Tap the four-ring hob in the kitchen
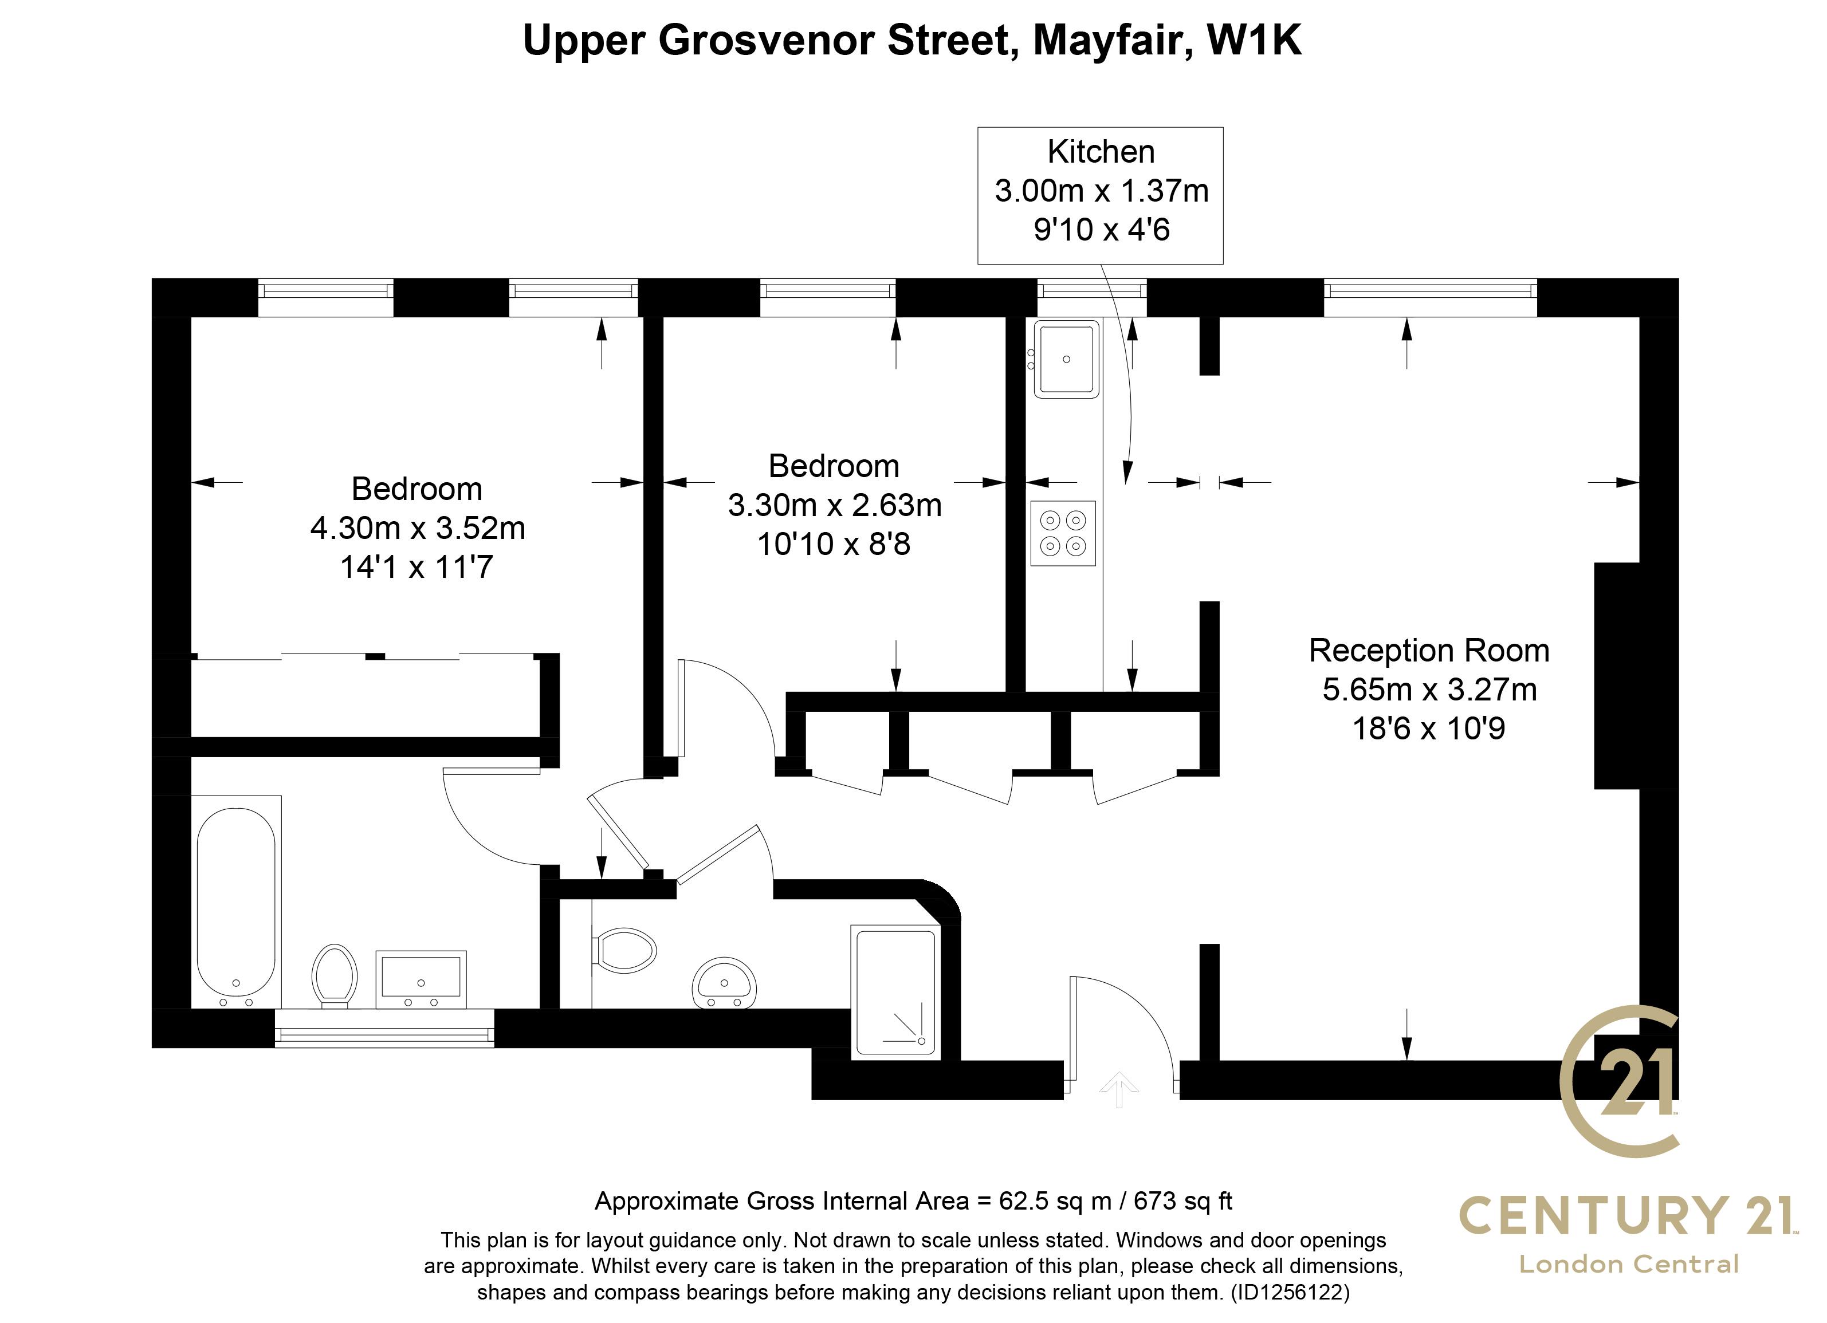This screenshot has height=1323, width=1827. (x=1063, y=533)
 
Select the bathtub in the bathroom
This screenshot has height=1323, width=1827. (x=236, y=903)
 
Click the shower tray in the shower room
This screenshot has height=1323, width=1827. (x=896, y=991)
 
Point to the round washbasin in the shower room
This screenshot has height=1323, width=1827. (x=724, y=982)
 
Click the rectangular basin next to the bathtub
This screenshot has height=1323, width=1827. (x=421, y=978)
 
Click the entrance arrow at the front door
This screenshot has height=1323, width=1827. (x=1119, y=1089)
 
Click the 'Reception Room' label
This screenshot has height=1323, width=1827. (x=1429, y=651)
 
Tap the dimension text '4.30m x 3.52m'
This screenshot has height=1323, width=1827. (x=417, y=528)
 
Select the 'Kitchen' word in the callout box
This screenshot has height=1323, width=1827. (x=1101, y=151)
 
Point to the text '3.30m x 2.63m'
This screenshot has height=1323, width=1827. (x=835, y=505)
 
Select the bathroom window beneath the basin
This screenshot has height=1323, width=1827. (x=384, y=1028)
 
